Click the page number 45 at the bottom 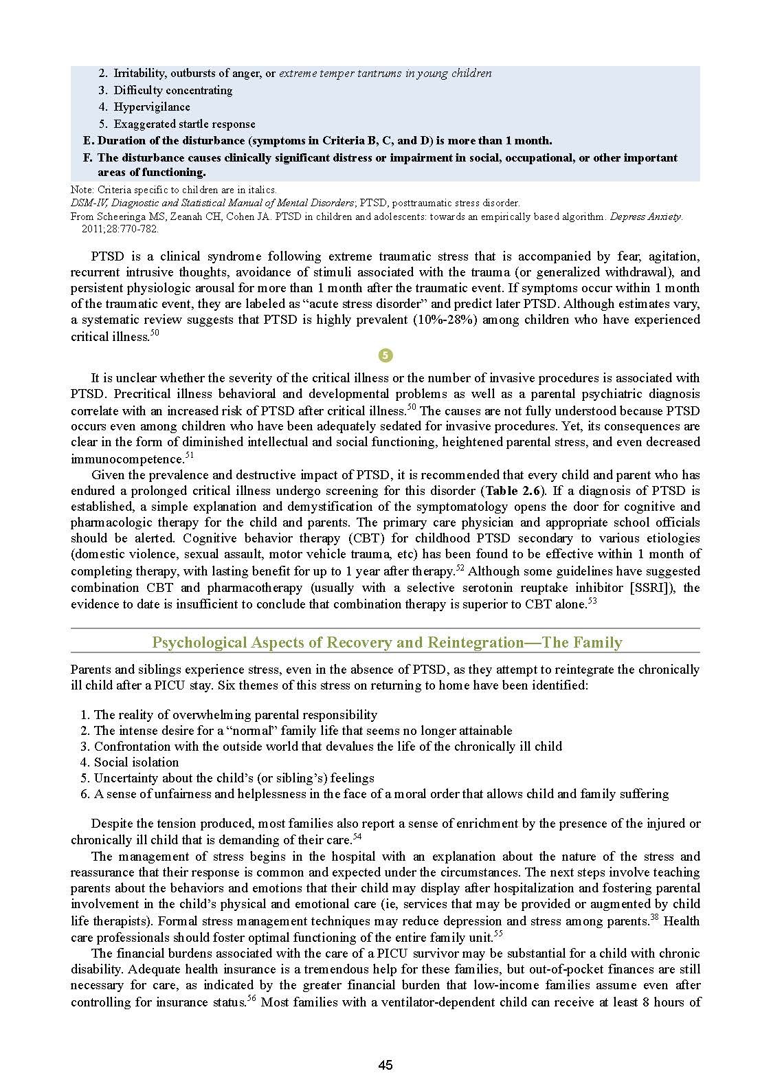click(385, 1065)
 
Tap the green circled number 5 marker click(385, 355)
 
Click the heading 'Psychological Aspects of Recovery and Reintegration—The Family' click(386, 643)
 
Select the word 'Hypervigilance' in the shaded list click(152, 107)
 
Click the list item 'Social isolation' click(136, 762)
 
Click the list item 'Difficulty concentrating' click(173, 91)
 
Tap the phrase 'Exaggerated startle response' click(184, 124)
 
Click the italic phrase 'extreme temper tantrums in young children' click(385, 74)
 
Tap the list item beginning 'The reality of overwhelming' click(236, 715)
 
